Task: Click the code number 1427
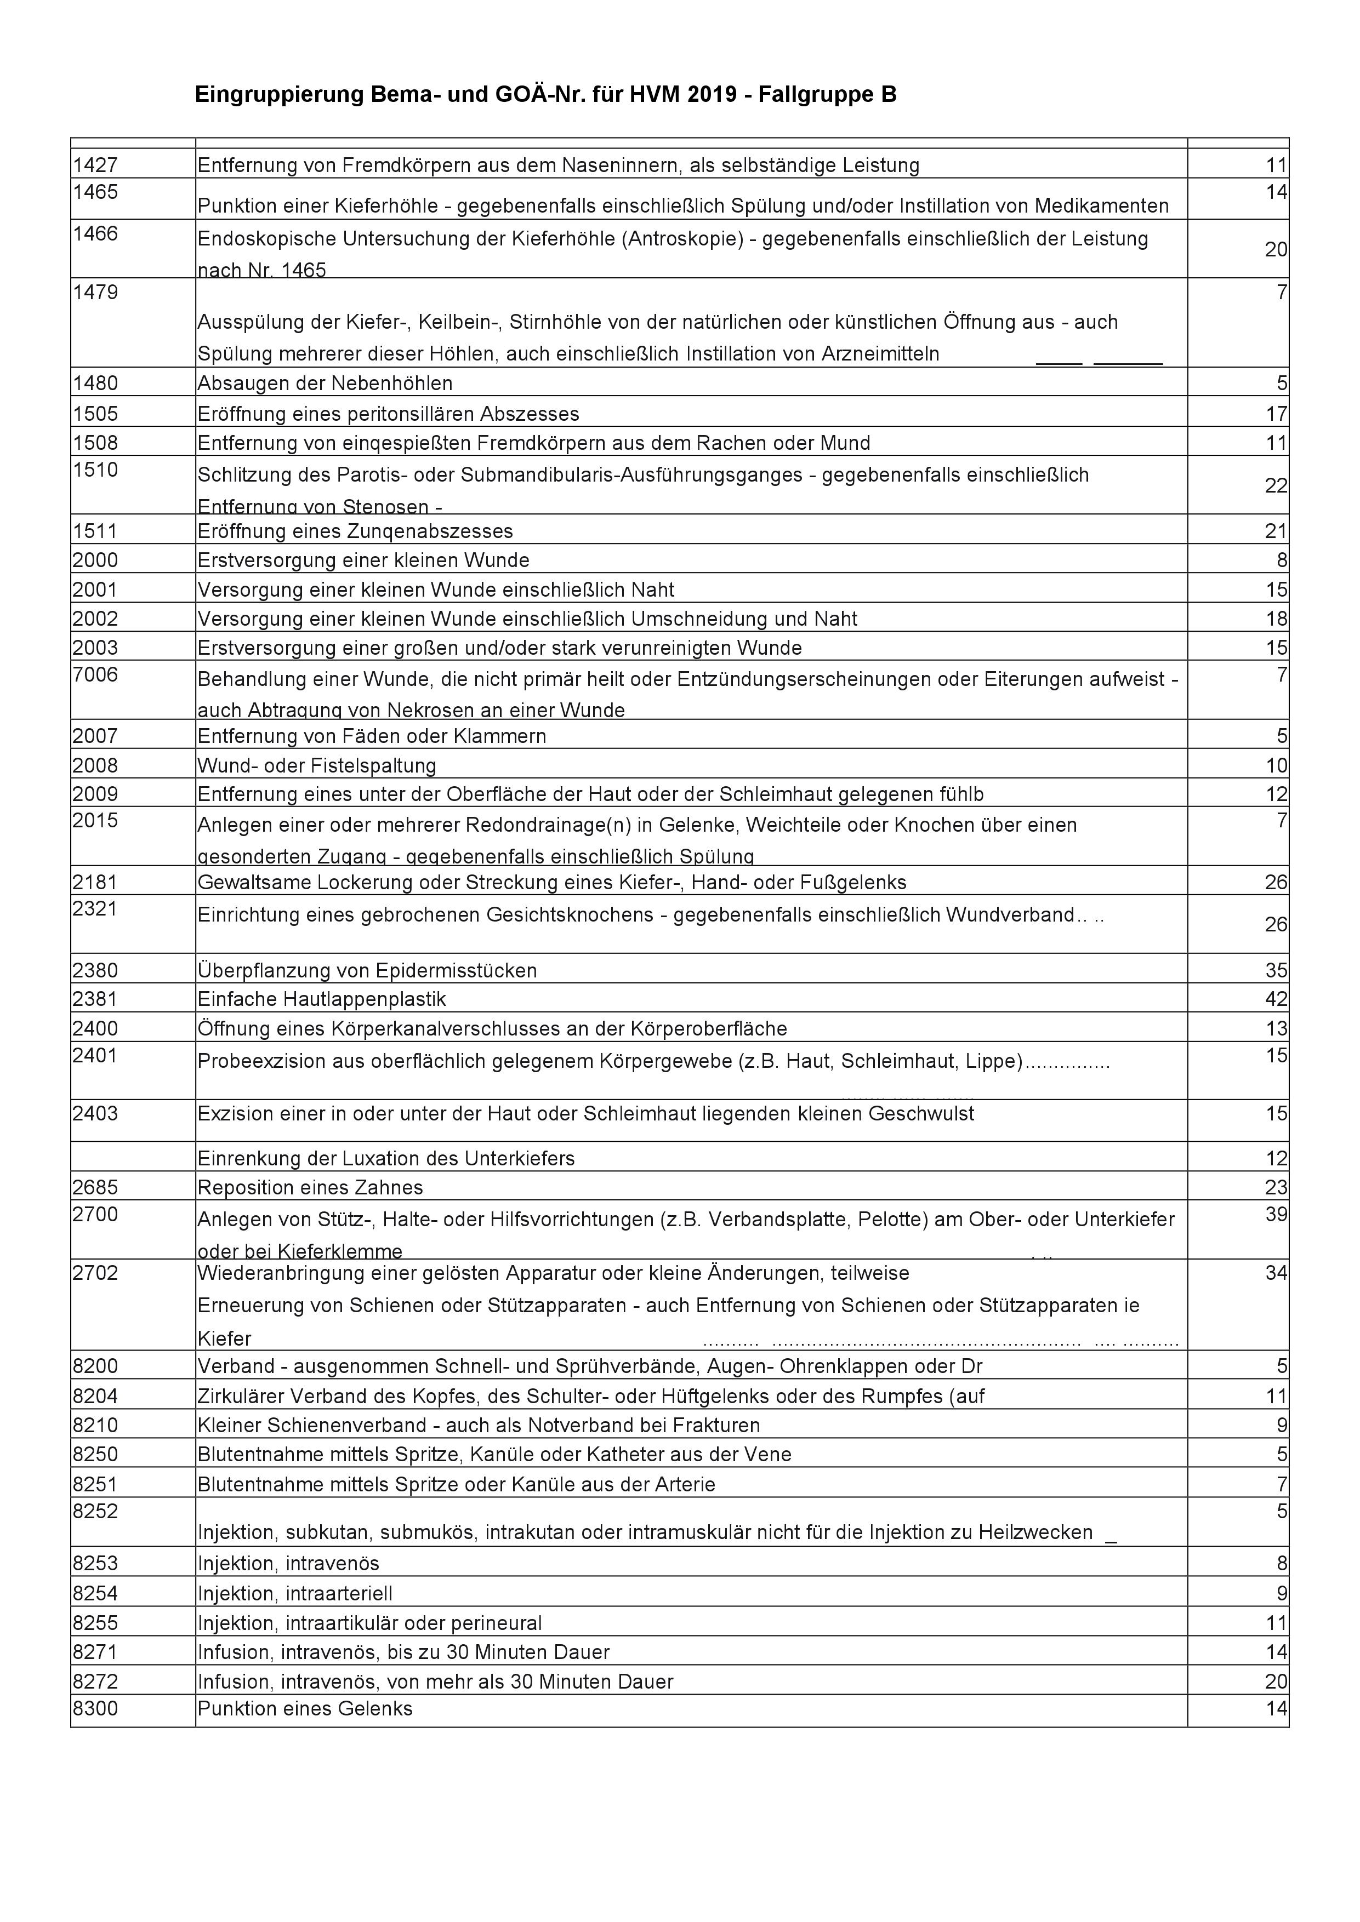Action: pos(95,165)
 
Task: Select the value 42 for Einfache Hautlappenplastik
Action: pos(1276,999)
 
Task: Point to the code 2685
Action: pos(95,1187)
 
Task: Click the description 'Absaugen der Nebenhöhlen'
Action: pos(325,384)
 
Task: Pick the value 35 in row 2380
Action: pos(1276,970)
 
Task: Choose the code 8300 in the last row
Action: pos(95,1708)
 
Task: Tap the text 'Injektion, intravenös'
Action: pos(288,1563)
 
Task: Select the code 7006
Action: pos(95,674)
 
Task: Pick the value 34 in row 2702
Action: pos(1276,1273)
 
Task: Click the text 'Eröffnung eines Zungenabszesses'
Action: pos(355,531)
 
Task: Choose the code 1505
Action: pos(95,414)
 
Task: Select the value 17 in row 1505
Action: pos(1276,414)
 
